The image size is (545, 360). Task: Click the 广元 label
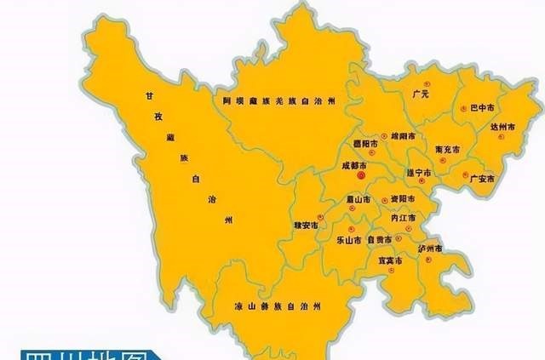coord(419,94)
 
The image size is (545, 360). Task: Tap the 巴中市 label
coord(482,109)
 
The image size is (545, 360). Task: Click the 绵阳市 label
coord(404,136)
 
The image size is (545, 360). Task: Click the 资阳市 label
coord(403,199)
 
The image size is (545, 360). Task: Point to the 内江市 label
coord(401,219)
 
